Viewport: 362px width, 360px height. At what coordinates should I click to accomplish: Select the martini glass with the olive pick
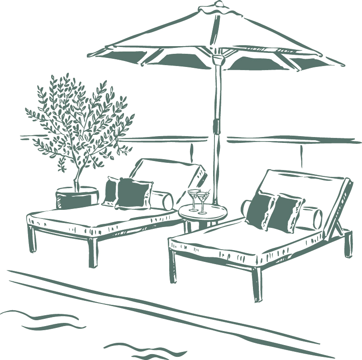tap(203, 202)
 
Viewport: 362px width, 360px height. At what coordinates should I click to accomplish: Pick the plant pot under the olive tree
tap(76, 198)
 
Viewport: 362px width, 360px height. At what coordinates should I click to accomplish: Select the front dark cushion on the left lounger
tap(133, 194)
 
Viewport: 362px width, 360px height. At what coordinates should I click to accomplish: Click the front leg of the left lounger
tap(93, 252)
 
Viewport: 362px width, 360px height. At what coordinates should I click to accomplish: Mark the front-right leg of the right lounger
tap(257, 285)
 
